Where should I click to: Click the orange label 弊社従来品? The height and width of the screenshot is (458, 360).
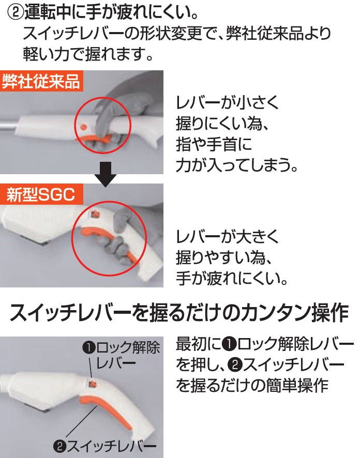pyautogui.click(x=41, y=81)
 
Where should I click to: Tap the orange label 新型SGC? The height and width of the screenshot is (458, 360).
pyautogui.click(x=41, y=194)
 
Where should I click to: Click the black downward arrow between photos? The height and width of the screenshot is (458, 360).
pyautogui.click(x=106, y=175)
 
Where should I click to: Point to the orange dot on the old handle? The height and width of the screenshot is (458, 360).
pyautogui.click(x=83, y=127)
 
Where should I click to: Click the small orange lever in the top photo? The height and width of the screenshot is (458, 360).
pyautogui.click(x=94, y=138)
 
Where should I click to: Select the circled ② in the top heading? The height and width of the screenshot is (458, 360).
pyautogui.click(x=15, y=13)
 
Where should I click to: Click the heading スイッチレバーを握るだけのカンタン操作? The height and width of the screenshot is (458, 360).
pyautogui.click(x=179, y=313)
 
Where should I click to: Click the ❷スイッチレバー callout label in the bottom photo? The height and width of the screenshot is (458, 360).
pyautogui.click(x=104, y=446)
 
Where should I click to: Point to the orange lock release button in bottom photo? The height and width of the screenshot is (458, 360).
pyautogui.click(x=93, y=383)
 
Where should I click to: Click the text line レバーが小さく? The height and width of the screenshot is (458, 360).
pyautogui.click(x=228, y=102)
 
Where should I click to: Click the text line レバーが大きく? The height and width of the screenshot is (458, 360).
pyautogui.click(x=228, y=236)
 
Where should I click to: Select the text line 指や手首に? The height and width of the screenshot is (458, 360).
pyautogui.click(x=214, y=145)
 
